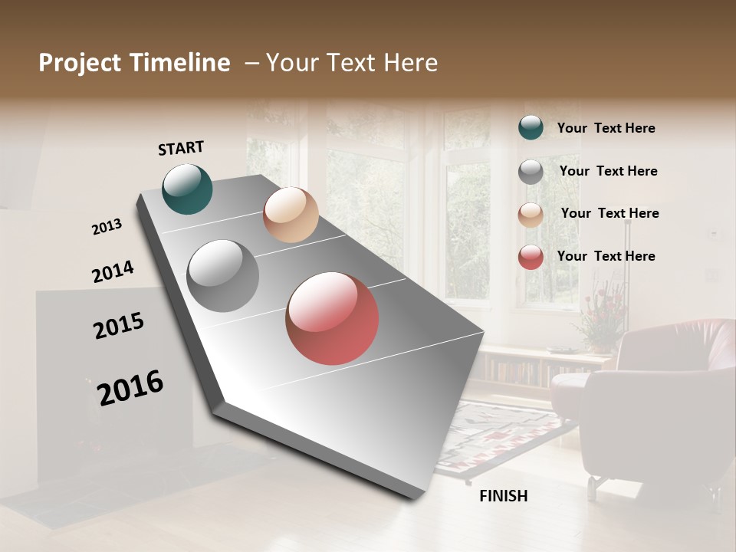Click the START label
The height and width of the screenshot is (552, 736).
coord(181,147)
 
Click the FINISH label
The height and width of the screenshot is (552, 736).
coord(503,496)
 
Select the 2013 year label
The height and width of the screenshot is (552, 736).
coord(107,226)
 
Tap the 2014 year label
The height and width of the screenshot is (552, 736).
coord(113,271)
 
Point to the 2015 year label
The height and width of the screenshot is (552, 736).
coord(119,325)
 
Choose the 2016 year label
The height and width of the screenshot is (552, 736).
coord(130,387)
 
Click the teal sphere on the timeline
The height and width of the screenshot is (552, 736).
coord(187,189)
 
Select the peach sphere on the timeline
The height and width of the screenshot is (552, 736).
coord(291,215)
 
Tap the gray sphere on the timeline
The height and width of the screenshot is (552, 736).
coord(222,275)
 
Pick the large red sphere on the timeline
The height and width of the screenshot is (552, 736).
coord(332,317)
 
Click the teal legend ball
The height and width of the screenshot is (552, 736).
coord(531,127)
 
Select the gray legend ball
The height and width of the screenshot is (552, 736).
coord(531,172)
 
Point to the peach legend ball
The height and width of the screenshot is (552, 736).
coord(531,215)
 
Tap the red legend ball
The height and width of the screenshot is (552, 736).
coord(531,257)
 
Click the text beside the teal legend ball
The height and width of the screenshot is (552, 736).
coord(606,128)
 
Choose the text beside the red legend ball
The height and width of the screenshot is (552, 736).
coord(606,256)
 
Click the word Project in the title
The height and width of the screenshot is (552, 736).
coord(79,63)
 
